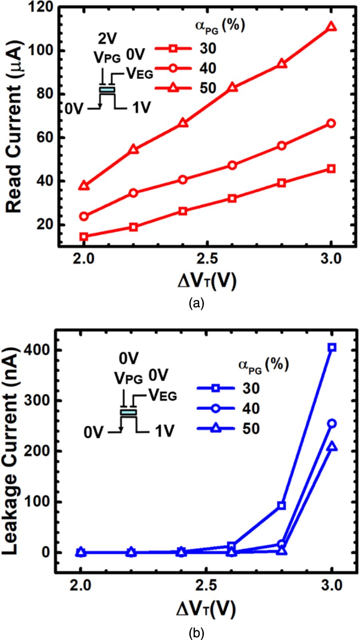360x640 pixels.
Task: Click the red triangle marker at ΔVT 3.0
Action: coord(331,27)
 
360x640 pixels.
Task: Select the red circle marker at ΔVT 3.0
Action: coord(331,124)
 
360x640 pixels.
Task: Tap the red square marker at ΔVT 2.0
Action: coord(84,237)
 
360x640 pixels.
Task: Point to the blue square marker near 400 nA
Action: coord(332,347)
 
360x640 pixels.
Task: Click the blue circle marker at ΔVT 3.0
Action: coord(332,423)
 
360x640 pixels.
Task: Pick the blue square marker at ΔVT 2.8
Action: coord(282,506)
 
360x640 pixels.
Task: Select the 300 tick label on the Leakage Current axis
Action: coord(38,400)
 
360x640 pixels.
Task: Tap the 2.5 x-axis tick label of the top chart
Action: coord(207,259)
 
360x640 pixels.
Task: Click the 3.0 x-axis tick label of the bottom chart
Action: coord(332,586)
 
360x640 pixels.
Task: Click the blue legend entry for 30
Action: coord(228,388)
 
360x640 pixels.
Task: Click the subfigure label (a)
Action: coord(196,303)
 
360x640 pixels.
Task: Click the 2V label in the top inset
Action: coord(108,38)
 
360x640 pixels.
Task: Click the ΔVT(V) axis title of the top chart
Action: coord(207,281)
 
